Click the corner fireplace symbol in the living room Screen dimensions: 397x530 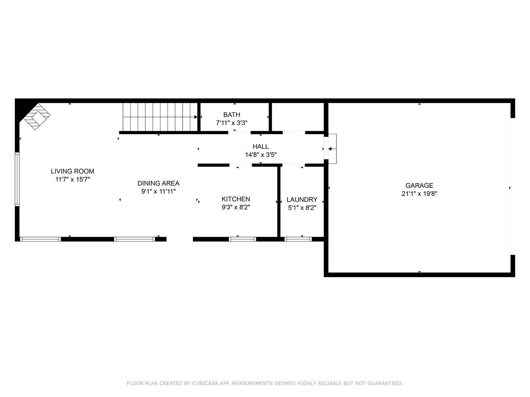[36, 116]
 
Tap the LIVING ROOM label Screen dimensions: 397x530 [73, 171]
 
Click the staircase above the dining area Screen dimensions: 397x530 [159, 117]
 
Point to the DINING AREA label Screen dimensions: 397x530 [158, 183]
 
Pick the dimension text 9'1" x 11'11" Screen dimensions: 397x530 [158, 192]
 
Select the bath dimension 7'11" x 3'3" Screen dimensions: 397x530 [232, 123]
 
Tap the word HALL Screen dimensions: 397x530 [261, 147]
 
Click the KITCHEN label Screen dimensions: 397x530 [236, 199]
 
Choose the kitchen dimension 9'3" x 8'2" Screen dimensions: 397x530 [236, 207]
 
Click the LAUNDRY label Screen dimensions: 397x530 [302, 200]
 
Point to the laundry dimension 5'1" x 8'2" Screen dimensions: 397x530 [302, 208]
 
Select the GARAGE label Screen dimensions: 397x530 [419, 186]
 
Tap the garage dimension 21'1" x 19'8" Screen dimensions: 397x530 [419, 194]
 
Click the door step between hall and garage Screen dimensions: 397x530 [332, 149]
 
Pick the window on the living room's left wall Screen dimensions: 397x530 [17, 179]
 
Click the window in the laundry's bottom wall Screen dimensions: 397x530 [298, 239]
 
